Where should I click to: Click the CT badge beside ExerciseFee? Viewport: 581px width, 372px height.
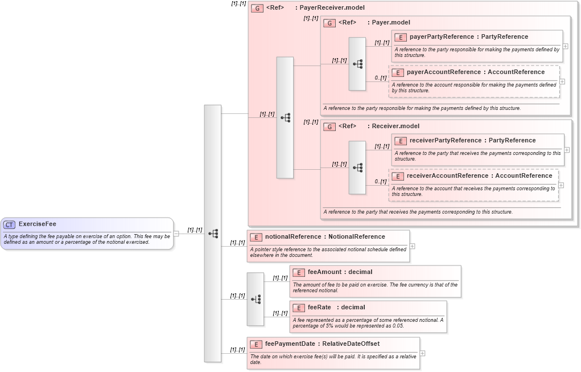point(10,224)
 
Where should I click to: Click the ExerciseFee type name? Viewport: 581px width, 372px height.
point(38,224)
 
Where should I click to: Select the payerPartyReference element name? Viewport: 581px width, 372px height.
point(442,37)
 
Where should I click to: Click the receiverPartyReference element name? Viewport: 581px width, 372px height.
point(446,141)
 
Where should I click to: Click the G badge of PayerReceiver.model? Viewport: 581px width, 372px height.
point(257,9)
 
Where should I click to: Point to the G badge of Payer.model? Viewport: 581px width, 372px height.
point(329,23)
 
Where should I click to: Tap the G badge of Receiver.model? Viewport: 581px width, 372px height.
point(329,126)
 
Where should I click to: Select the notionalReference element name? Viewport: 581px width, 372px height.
point(293,237)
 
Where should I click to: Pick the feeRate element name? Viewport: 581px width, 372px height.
point(319,308)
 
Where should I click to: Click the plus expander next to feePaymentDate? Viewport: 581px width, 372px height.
point(422,353)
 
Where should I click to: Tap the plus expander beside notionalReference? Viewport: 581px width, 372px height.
point(412,246)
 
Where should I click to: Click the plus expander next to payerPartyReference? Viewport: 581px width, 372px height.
point(565,46)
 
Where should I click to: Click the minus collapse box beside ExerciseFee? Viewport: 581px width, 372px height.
point(176,233)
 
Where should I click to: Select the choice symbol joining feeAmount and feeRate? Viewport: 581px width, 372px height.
point(256,299)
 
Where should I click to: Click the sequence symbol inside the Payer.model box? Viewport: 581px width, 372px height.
point(357,64)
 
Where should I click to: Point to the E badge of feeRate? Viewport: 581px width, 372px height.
point(298,308)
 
